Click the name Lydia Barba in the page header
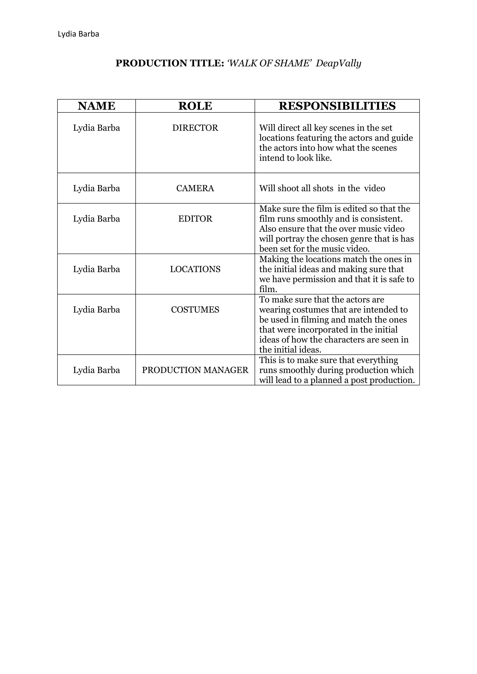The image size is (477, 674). point(78,34)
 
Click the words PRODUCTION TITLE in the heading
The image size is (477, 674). point(170,63)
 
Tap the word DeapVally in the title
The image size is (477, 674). point(338,63)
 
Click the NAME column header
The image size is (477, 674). point(96,106)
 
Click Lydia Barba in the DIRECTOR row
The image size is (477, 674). point(96,128)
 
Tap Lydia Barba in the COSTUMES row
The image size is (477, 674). point(96,310)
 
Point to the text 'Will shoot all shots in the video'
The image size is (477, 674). point(322,188)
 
